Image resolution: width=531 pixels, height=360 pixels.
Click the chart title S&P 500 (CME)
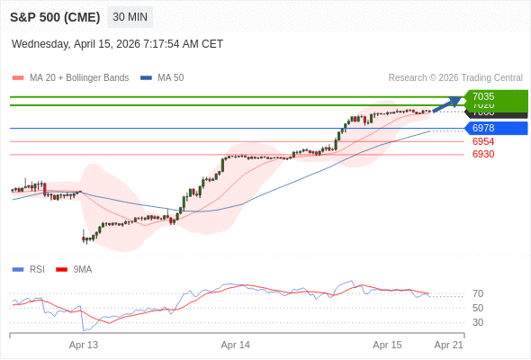[x=55, y=17]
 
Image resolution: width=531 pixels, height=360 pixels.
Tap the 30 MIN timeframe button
[x=130, y=17]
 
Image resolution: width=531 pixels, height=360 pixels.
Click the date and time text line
[x=117, y=44]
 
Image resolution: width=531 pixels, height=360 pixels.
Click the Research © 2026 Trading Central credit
[x=455, y=77]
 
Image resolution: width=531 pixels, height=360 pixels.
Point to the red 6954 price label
[x=483, y=141]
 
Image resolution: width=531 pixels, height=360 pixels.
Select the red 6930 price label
[x=483, y=154]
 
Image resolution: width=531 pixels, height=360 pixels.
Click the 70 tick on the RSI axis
[x=478, y=293]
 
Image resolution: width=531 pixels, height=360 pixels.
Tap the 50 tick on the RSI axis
[x=478, y=308]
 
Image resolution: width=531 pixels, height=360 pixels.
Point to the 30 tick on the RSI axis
[x=478, y=322]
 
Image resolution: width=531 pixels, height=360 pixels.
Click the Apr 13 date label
[x=84, y=345]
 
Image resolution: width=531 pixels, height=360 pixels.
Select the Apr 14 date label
[x=236, y=345]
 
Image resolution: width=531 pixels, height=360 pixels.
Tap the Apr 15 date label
[x=387, y=345]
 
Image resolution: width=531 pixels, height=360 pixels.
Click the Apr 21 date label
[x=448, y=345]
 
